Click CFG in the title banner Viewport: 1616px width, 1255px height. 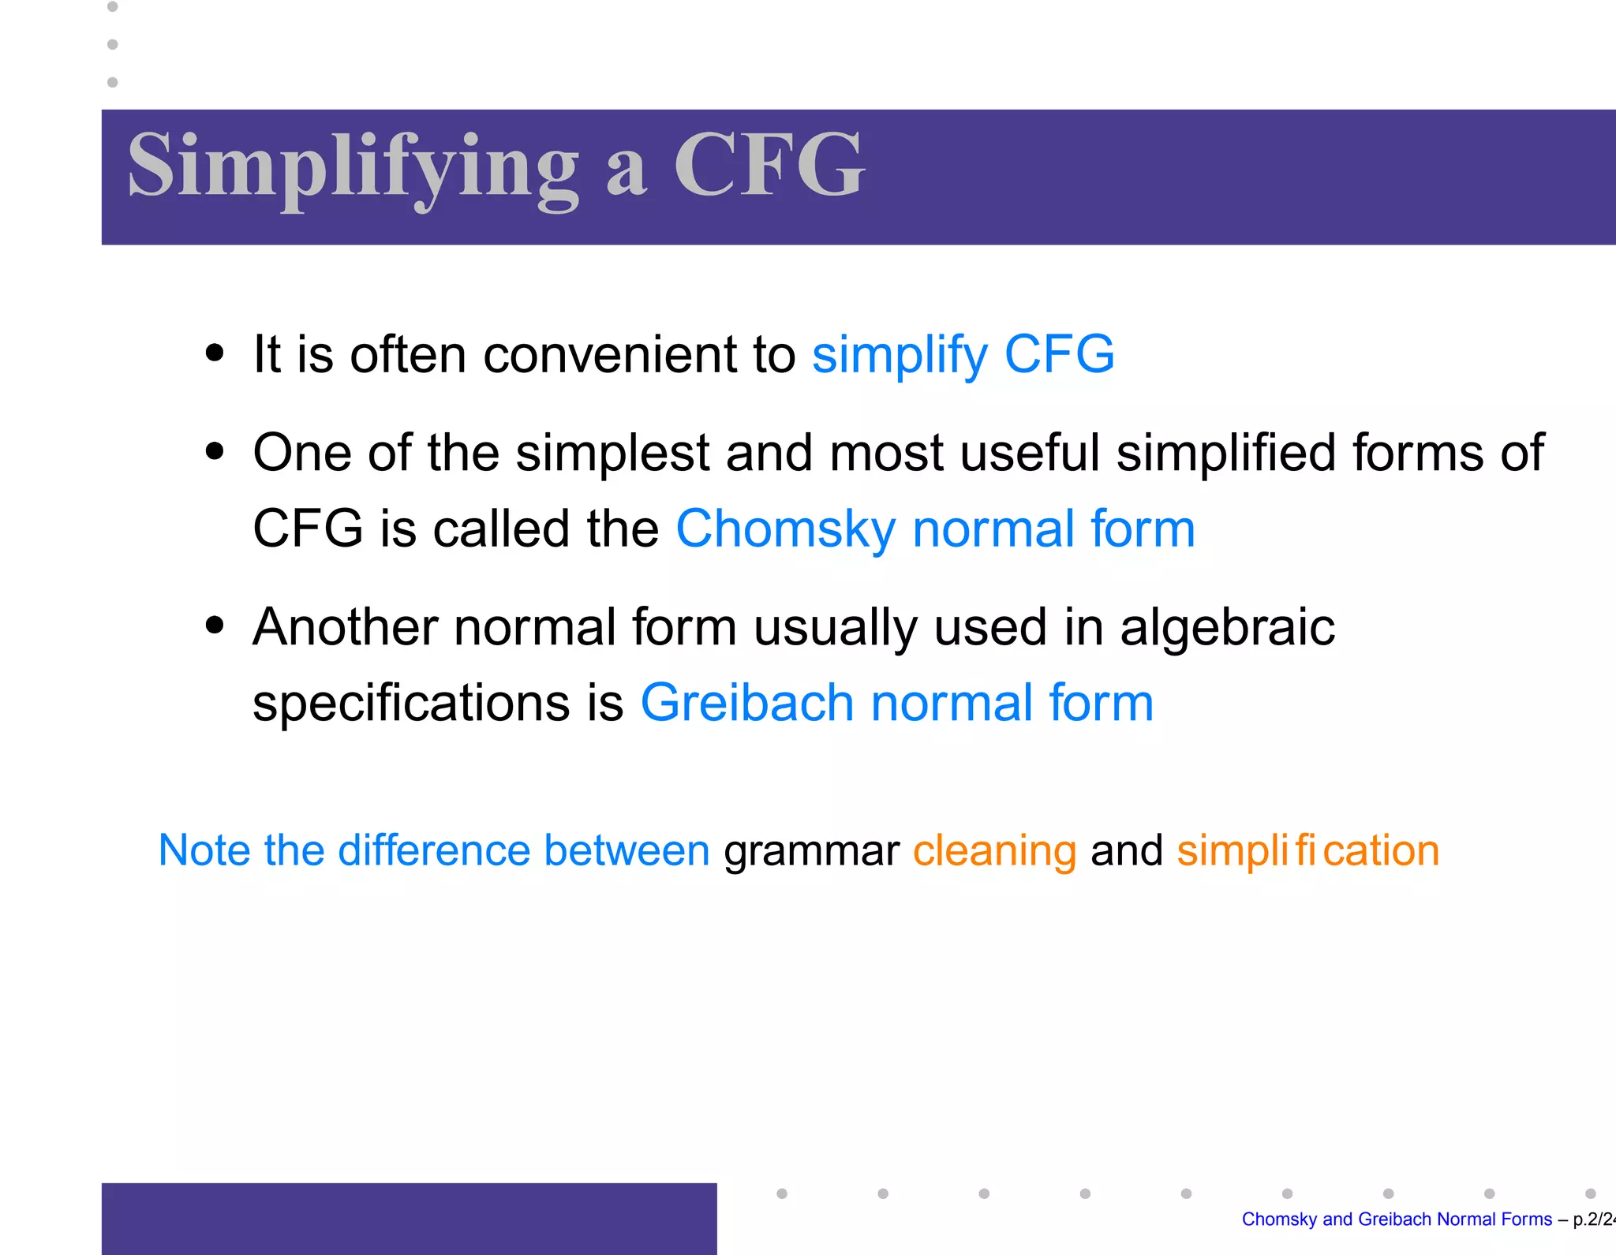coord(769,166)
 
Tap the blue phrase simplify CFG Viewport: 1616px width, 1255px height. coord(963,354)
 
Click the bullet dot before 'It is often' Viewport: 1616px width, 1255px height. coord(214,353)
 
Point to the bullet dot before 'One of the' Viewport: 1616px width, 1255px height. coord(214,452)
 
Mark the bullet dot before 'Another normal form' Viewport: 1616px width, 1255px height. coord(214,626)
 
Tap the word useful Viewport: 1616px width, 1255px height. coord(1029,453)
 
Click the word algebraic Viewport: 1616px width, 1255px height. coord(1227,628)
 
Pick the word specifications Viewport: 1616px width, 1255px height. coord(410,703)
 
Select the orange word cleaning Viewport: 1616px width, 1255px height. coord(994,851)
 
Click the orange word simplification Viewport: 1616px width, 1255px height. coord(1307,851)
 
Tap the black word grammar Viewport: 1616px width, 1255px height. coord(811,851)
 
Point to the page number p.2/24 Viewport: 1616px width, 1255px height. coord(1592,1220)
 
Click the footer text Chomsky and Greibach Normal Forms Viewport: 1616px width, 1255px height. coord(1396,1220)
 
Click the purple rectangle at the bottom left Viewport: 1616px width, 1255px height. coord(409,1218)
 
